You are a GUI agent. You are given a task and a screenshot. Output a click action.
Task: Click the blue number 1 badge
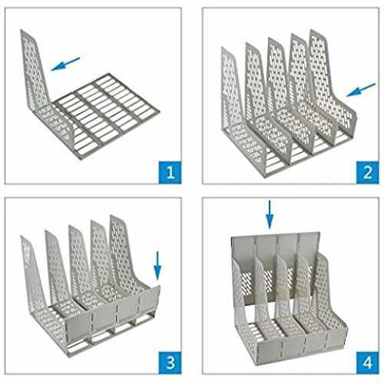click(170, 172)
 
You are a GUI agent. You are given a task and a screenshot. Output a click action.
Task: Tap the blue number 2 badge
click(367, 172)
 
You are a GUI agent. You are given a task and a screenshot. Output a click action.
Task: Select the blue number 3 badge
click(170, 362)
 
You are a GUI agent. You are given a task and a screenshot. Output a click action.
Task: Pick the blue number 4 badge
click(367, 362)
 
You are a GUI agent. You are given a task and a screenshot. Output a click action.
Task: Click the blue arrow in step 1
click(65, 64)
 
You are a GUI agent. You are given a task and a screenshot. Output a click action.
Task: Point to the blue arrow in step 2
click(361, 90)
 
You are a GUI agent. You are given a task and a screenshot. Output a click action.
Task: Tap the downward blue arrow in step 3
click(157, 266)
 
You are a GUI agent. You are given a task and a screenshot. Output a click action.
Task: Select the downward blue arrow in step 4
click(270, 214)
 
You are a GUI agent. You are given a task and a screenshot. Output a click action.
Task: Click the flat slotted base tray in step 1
click(105, 115)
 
